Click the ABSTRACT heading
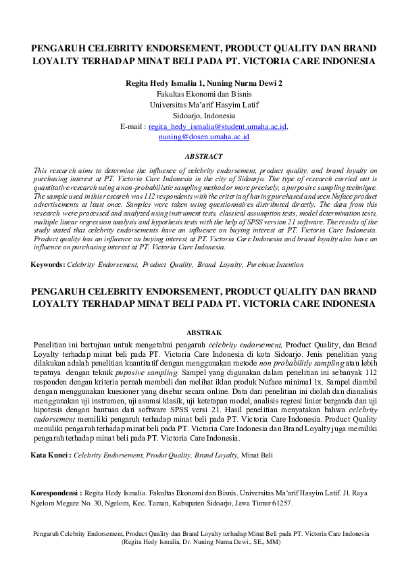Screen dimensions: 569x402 (x=203, y=156)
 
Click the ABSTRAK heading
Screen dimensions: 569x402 (x=203, y=332)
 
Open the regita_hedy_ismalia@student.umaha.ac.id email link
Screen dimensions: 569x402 (x=218, y=126)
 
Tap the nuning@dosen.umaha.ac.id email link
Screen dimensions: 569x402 (x=204, y=137)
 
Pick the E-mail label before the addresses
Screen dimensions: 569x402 (x=132, y=126)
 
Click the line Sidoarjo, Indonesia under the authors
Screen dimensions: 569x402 (x=203, y=116)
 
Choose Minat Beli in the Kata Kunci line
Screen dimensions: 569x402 (x=258, y=455)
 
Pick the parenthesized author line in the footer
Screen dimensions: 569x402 (x=201, y=542)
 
